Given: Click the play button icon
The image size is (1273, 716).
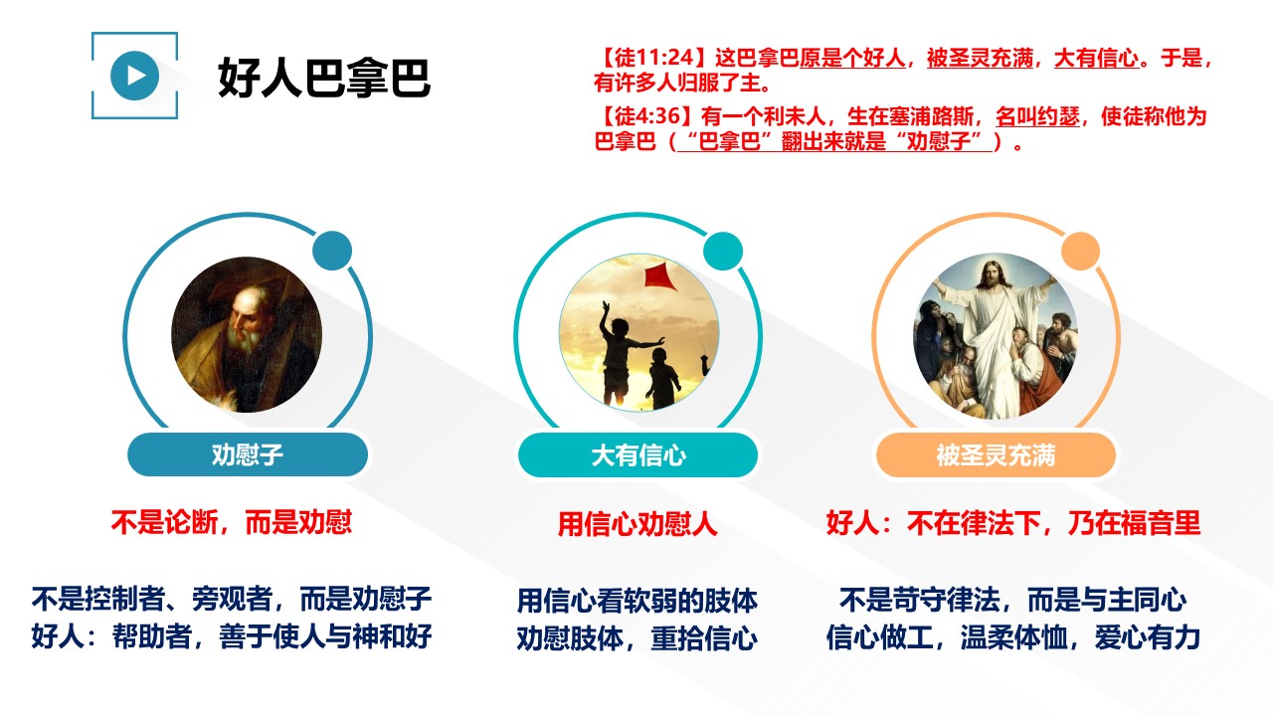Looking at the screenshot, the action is click(x=134, y=76).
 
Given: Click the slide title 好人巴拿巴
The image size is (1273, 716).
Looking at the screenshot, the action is click(x=324, y=78).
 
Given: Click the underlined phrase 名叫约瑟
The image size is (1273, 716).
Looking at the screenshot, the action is click(x=1037, y=117).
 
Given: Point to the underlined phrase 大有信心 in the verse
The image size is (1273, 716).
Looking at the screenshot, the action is click(x=1096, y=58).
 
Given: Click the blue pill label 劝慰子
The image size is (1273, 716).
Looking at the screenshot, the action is click(x=248, y=454).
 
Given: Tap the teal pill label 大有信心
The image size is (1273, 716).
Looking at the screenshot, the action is click(x=638, y=455).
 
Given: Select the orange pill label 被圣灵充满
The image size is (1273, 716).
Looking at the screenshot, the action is click(x=996, y=455).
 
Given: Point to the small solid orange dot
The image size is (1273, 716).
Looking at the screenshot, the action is click(x=1080, y=252).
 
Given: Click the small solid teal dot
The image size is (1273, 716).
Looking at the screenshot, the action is click(x=723, y=252).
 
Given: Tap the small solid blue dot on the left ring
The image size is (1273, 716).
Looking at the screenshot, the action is click(x=332, y=251).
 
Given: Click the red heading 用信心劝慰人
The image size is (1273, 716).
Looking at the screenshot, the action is click(x=637, y=523).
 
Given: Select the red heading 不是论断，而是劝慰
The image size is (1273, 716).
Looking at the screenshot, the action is click(x=232, y=522).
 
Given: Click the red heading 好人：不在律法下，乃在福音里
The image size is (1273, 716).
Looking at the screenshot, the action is click(x=1013, y=523).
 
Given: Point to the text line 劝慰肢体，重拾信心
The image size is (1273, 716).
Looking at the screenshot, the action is click(x=637, y=638).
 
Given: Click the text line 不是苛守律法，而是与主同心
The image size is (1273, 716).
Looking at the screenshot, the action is click(x=1012, y=600).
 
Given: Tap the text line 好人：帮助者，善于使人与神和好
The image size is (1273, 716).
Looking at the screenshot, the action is click(x=232, y=636).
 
